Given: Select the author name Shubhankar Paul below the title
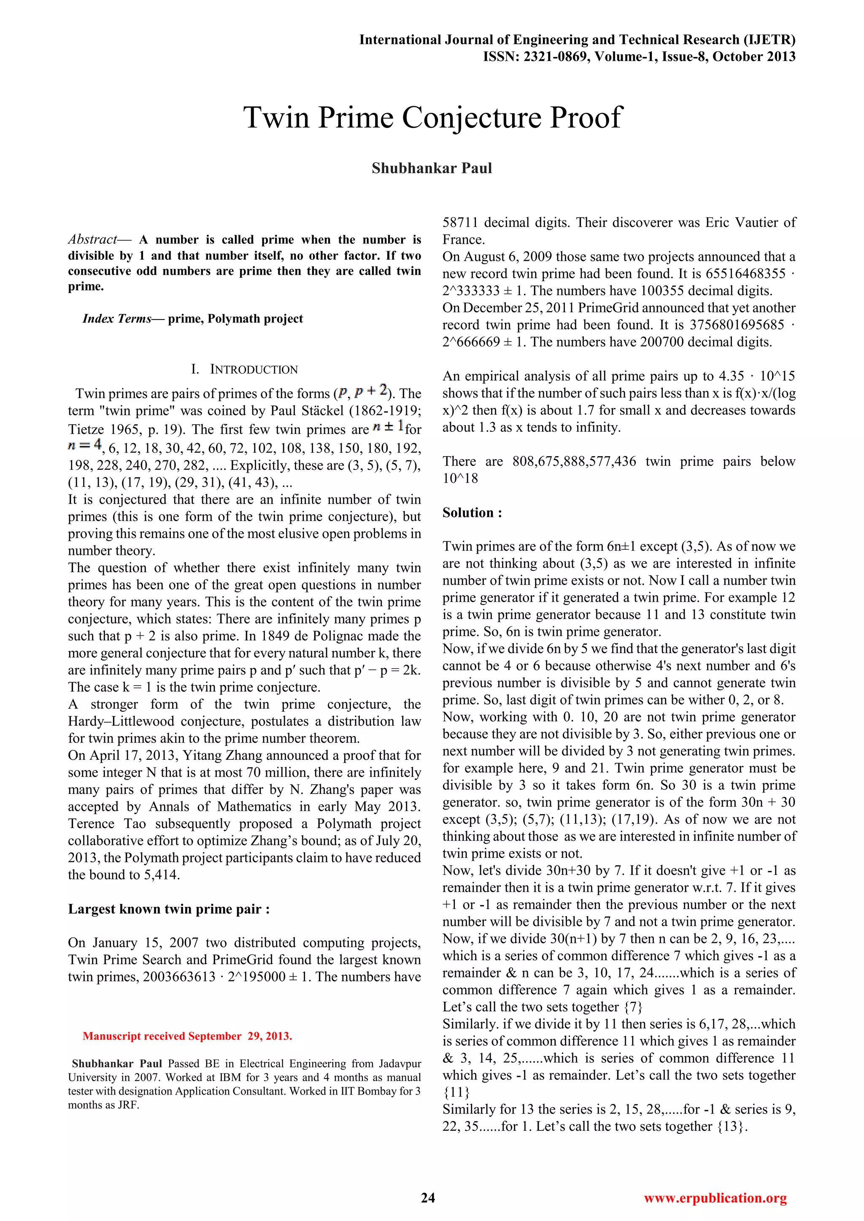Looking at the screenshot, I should (x=432, y=168).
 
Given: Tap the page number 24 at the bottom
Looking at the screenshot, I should (x=428, y=1198).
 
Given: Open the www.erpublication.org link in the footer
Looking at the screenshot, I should (x=715, y=1198).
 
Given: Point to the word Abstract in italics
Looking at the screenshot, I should (x=92, y=239).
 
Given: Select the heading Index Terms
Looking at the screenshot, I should (x=116, y=319).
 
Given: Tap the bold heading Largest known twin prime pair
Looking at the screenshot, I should (x=169, y=909).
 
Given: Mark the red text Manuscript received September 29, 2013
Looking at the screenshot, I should (x=187, y=1036).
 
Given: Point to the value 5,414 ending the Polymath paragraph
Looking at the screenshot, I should (x=161, y=875).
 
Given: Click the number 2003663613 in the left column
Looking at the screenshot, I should (x=179, y=977).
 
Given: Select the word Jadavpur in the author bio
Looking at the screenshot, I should (x=400, y=1064).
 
